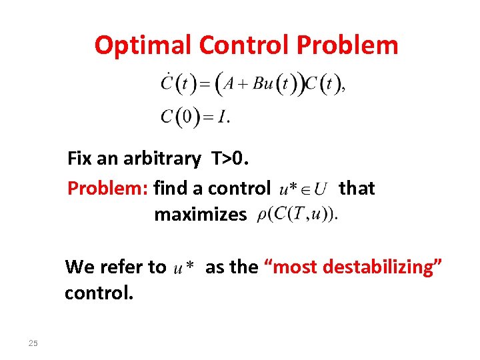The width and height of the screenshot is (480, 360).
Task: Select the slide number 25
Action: point(33,343)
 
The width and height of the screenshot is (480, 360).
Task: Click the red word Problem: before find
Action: point(108,189)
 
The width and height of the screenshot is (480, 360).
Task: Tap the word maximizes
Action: point(200,215)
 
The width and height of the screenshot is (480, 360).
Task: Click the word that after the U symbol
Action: point(357,189)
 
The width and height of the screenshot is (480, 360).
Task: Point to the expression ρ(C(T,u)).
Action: point(297,214)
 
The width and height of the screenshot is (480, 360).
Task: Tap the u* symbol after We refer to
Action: point(183,268)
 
